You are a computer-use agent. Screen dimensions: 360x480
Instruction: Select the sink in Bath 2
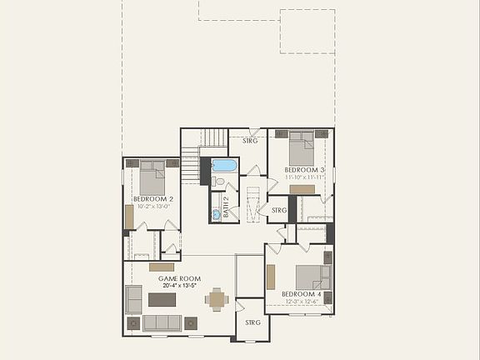(216, 214)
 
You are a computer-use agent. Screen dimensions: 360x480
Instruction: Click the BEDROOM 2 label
(153, 199)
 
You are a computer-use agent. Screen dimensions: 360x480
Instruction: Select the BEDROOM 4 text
(301, 294)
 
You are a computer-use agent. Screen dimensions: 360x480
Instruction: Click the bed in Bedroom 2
(152, 177)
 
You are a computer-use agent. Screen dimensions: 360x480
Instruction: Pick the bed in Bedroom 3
(301, 149)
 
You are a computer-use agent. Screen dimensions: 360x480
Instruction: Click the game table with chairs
(217, 298)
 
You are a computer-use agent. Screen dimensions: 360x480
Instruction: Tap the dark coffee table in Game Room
(162, 299)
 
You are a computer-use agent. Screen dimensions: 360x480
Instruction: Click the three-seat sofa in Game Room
(162, 322)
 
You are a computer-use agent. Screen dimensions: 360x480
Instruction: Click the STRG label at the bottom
(252, 322)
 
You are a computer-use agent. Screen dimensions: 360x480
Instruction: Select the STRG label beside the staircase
(250, 141)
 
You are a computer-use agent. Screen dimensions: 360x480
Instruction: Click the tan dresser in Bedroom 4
(271, 277)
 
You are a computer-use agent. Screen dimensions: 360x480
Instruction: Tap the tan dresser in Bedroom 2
(129, 217)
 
